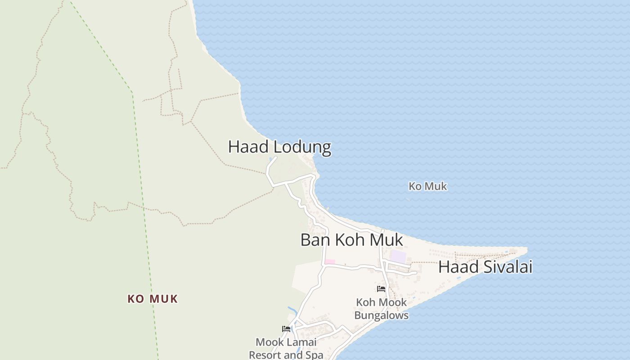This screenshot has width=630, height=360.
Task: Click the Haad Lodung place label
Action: coord(279,147)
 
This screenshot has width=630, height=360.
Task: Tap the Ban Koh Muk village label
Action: coord(351,240)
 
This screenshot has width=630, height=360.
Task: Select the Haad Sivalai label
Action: coord(485,267)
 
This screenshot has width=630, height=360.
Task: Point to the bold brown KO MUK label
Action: coord(153,299)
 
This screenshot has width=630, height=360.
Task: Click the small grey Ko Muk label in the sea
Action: coord(427,186)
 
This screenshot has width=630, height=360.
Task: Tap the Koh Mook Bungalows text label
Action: coord(381,309)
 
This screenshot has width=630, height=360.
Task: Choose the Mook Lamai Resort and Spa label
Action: coord(286,348)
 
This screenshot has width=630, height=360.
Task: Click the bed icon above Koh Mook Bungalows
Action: coord(381,289)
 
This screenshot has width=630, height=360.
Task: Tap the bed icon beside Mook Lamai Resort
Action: coord(286,329)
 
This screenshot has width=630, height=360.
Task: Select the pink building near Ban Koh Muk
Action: coord(330,262)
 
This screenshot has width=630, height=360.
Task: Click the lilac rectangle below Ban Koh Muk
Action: coord(398,256)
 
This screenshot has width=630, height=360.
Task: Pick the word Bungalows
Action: coord(381,315)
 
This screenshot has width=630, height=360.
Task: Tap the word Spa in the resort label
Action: coord(314,355)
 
